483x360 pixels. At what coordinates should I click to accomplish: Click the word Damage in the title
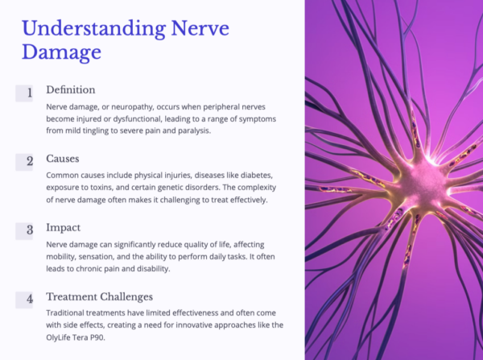tap(61, 53)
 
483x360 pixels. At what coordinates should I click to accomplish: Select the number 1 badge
tap(29, 93)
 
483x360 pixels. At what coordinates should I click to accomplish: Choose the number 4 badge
tap(29, 299)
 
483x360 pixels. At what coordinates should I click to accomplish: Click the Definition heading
tap(71, 89)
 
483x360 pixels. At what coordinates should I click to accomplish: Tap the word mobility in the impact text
tap(65, 257)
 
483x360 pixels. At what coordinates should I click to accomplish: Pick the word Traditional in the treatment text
tap(72, 312)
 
